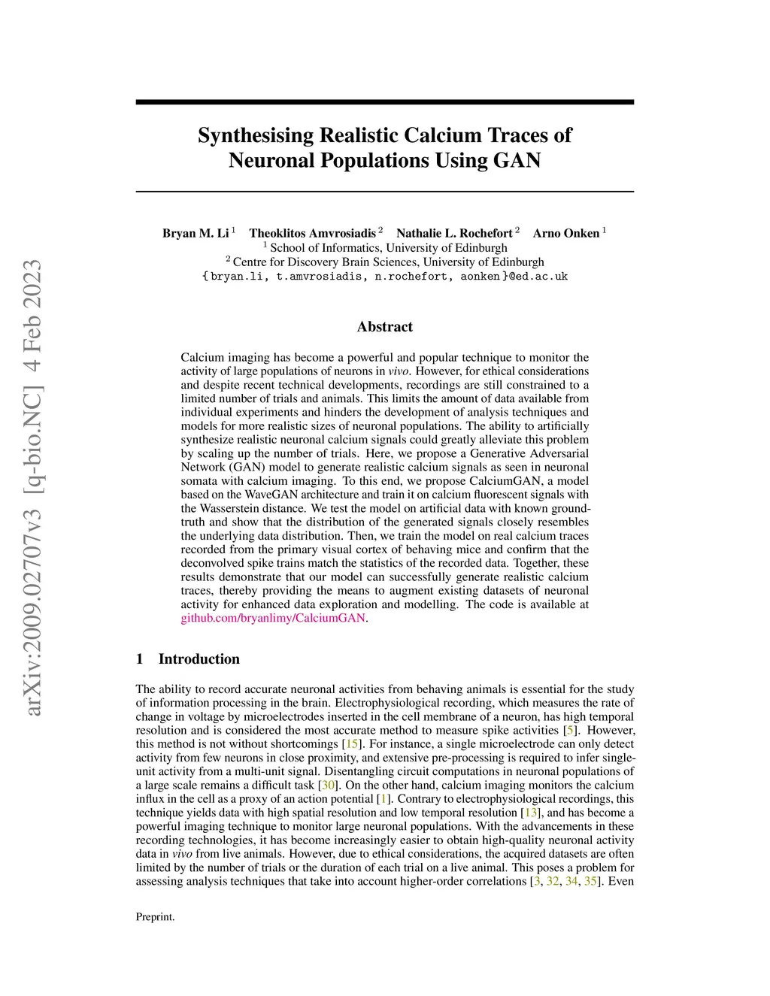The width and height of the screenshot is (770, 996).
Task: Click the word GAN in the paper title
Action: tap(517, 160)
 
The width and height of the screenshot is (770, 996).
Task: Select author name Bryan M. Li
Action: tap(196, 233)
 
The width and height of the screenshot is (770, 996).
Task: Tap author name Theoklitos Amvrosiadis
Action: tap(312, 233)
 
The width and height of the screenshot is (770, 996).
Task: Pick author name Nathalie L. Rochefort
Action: tap(454, 233)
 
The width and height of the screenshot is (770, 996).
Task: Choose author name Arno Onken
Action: tap(566, 233)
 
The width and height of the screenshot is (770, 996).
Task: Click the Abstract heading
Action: tap(385, 326)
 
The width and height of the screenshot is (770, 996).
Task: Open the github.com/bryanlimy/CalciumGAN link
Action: tap(273, 618)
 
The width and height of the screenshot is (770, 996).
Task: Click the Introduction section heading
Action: tap(199, 659)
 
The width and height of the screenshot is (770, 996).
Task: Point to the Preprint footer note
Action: tap(155, 917)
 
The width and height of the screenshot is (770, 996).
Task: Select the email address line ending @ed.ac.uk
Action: tap(385, 277)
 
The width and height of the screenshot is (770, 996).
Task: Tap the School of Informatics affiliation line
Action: tap(388, 248)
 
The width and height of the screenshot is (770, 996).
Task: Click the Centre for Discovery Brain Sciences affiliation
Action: tap(388, 262)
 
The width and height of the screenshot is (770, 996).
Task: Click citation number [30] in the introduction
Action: tap(328, 786)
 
